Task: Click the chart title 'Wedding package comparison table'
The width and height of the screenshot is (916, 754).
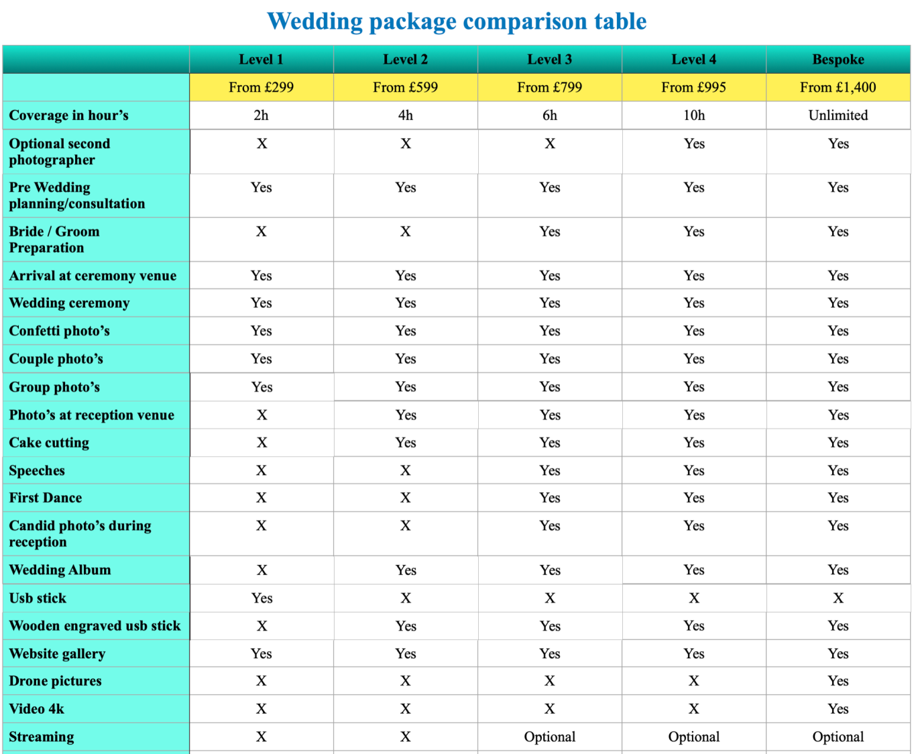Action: pyautogui.click(x=457, y=21)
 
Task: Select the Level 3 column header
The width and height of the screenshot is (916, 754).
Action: pyautogui.click(x=549, y=60)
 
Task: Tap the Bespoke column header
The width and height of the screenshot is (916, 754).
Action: pyautogui.click(x=838, y=60)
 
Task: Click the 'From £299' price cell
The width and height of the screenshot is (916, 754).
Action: pyautogui.click(x=261, y=87)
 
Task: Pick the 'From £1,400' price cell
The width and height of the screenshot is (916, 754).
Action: pyautogui.click(x=838, y=87)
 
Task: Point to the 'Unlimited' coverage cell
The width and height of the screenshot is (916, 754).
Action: pyautogui.click(x=838, y=115)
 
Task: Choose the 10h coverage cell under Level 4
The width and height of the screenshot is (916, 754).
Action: pyautogui.click(x=693, y=115)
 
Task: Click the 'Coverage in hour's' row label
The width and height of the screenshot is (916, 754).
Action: pyautogui.click(x=69, y=115)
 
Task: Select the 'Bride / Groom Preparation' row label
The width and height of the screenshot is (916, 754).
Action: pyautogui.click(x=54, y=239)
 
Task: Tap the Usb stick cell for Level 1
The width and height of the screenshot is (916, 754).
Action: pyautogui.click(x=262, y=598)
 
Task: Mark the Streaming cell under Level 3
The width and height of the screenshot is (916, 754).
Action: pyautogui.click(x=549, y=737)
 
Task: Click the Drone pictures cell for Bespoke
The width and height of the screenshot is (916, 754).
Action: pyautogui.click(x=838, y=681)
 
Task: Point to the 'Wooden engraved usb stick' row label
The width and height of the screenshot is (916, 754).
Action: pyautogui.click(x=95, y=626)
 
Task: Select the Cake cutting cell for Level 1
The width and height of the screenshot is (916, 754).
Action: pyautogui.click(x=262, y=443)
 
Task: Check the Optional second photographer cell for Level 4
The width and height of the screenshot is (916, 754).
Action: pyautogui.click(x=693, y=144)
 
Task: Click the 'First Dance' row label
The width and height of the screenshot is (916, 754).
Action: pyautogui.click(x=46, y=498)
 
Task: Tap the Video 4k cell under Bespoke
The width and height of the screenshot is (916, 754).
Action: pyautogui.click(x=838, y=709)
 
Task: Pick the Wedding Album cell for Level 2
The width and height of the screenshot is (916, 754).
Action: pyautogui.click(x=405, y=570)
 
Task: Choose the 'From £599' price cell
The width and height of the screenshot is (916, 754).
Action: pyautogui.click(x=405, y=87)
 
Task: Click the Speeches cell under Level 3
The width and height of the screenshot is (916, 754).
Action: pyautogui.click(x=549, y=471)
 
